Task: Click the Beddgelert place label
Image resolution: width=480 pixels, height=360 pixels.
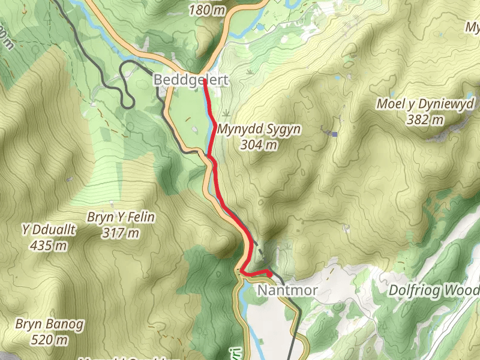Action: tap(191, 80)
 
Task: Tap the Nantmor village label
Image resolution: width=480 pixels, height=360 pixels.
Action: tap(287, 291)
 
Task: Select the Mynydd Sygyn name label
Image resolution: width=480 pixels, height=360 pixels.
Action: tap(259, 130)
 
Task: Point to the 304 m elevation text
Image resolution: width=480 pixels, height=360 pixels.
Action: tap(259, 145)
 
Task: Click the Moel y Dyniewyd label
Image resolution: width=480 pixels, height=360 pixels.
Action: tap(426, 104)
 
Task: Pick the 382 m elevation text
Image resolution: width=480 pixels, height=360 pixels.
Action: tap(426, 119)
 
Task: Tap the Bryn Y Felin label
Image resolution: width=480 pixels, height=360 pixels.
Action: tap(121, 217)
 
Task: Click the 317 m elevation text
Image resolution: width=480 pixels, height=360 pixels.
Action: tap(121, 232)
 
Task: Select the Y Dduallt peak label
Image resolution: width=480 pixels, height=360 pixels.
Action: tap(44, 229)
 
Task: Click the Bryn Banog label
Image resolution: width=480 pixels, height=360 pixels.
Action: tap(50, 325)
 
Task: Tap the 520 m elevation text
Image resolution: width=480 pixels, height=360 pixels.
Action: tap(50, 340)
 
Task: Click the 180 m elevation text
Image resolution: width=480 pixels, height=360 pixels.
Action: tap(207, 10)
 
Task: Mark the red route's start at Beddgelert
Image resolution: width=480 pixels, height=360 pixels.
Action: tap(205, 80)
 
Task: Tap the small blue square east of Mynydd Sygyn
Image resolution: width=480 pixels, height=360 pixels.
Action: tap(335, 133)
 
